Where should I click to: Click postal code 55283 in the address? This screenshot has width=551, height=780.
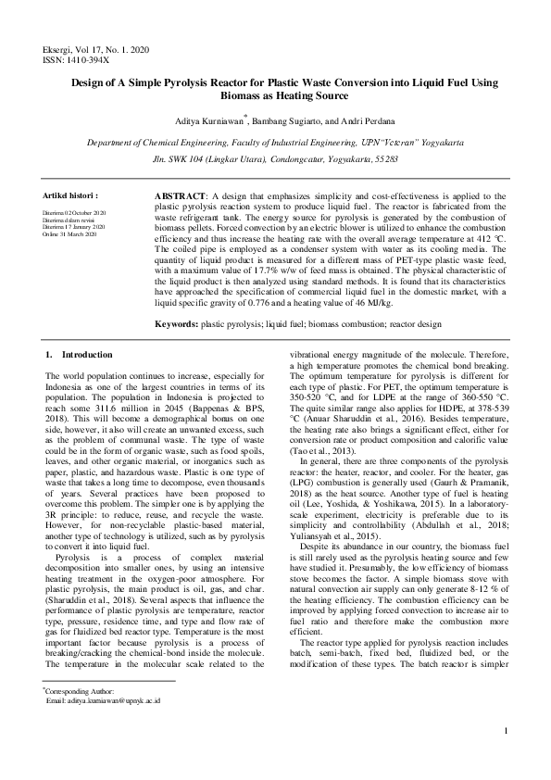pyautogui.click(x=383, y=159)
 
